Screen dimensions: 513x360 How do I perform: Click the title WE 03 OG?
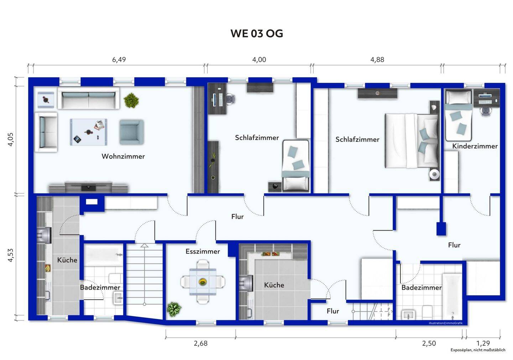257,34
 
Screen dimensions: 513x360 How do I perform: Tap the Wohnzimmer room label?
123,156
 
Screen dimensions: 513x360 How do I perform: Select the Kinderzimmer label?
475,146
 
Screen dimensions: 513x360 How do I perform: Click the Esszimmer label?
203,251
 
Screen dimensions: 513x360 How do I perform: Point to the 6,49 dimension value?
119,60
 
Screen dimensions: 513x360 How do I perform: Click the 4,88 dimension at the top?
377,60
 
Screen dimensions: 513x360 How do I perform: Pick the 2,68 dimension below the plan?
201,343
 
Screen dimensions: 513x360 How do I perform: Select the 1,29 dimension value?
483,343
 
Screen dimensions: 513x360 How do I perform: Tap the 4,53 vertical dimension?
11,255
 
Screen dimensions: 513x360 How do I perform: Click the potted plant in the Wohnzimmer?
131,100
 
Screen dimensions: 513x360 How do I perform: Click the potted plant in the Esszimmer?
174,309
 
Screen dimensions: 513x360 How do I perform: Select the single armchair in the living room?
131,132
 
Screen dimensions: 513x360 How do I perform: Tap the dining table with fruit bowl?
203,282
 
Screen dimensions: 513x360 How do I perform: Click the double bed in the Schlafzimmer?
411,141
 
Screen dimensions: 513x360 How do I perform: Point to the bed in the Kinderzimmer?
458,115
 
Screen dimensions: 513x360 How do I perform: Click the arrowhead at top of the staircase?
144,246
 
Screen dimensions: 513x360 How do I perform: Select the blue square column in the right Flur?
441,229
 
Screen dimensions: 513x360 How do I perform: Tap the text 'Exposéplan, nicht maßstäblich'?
478,350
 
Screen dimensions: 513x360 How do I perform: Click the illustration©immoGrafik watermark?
446,323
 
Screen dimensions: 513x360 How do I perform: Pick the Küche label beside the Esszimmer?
274,285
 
